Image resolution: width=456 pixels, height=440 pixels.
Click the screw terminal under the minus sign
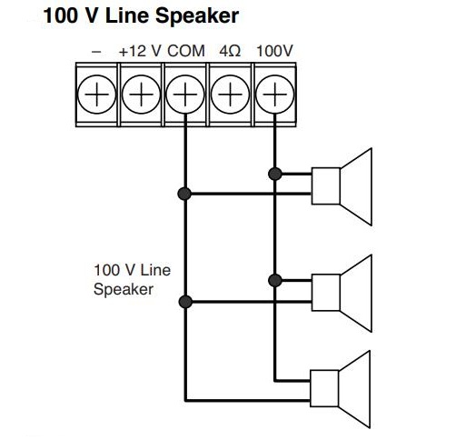tap(96, 93)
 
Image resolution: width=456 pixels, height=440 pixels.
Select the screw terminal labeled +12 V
tap(140, 93)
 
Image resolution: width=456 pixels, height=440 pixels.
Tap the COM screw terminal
tap(184, 93)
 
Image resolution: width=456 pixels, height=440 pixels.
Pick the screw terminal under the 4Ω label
tap(229, 93)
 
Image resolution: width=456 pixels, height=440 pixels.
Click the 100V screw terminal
tap(273, 93)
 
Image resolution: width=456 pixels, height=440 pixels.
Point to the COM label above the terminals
tap(186, 52)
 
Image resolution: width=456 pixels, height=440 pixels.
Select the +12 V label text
tap(140, 52)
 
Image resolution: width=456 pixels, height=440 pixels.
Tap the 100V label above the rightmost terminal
tap(273, 52)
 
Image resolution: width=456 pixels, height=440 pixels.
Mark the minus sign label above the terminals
tap(96, 52)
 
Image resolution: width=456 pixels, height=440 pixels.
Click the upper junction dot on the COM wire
tap(184, 193)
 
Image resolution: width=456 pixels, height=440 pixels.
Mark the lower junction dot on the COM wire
tap(184, 302)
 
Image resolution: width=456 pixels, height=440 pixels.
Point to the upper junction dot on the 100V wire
tap(273, 172)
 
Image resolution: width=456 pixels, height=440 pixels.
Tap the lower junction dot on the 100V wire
tap(273, 279)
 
